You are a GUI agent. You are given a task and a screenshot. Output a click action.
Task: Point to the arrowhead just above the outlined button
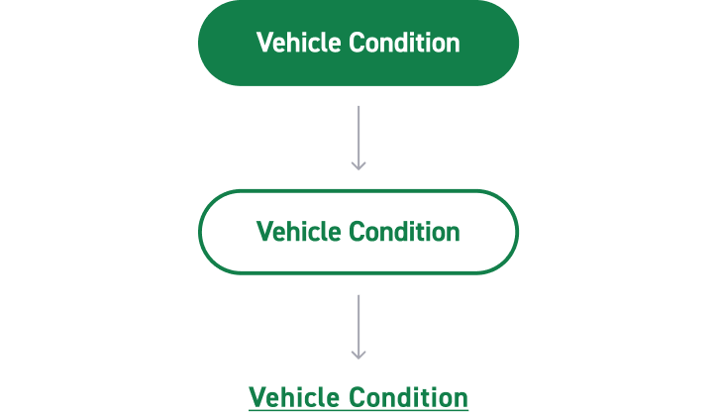(x=359, y=165)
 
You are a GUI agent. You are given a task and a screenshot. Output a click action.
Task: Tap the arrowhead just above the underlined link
(x=359, y=354)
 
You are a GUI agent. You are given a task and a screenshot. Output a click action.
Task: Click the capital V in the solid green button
(x=263, y=44)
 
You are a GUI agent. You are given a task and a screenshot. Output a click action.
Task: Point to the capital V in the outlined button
(x=263, y=232)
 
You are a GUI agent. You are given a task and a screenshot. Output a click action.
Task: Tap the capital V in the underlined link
(x=256, y=398)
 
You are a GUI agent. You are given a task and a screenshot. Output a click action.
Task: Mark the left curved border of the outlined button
(x=201, y=232)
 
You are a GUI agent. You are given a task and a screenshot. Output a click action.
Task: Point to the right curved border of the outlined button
(x=516, y=232)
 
